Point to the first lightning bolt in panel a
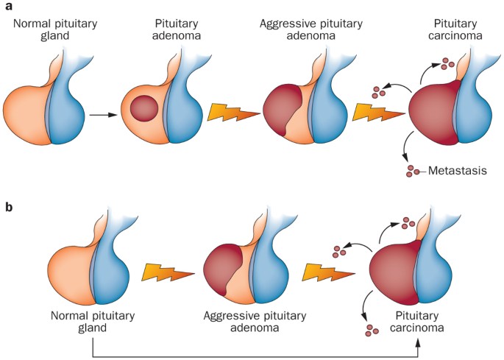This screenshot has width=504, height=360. [233, 113]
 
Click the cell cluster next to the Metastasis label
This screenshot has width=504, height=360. [414, 171]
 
